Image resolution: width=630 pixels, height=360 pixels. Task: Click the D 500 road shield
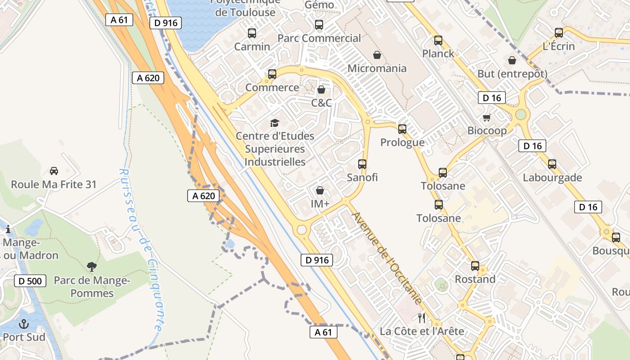pyautogui.click(x=30, y=281)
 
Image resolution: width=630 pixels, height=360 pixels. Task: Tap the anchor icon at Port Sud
pyautogui.click(x=23, y=324)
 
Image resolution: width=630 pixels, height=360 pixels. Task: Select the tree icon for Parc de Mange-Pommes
pyautogui.click(x=92, y=267)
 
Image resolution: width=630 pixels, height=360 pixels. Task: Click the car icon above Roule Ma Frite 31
pyautogui.click(x=54, y=171)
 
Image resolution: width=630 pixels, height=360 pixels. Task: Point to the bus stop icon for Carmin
pyautogui.click(x=252, y=33)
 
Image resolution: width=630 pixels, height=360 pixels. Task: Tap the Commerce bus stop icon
pyautogui.click(x=272, y=74)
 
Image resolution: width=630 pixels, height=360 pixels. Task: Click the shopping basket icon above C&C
pyautogui.click(x=321, y=90)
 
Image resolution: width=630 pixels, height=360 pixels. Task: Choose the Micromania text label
pyautogui.click(x=377, y=68)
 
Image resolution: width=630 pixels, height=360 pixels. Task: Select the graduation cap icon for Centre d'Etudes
pyautogui.click(x=274, y=123)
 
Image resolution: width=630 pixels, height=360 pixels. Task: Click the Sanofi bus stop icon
pyautogui.click(x=362, y=164)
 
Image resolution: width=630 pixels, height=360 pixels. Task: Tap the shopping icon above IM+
pyautogui.click(x=320, y=191)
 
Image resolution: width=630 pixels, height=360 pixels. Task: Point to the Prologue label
pyautogui.click(x=402, y=143)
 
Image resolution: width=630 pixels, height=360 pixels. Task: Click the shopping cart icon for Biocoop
pyautogui.click(x=486, y=118)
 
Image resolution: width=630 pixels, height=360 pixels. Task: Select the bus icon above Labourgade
pyautogui.click(x=552, y=164)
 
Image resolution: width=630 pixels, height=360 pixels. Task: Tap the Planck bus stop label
pyautogui.click(x=438, y=54)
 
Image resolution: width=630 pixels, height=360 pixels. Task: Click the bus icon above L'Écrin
pyautogui.click(x=559, y=33)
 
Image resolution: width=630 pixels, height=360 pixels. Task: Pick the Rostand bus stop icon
pyautogui.click(x=475, y=266)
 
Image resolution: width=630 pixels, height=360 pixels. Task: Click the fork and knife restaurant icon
pyautogui.click(x=422, y=318)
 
